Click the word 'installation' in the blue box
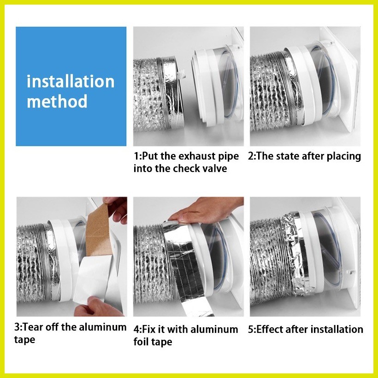coord(71,82)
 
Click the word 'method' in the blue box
coord(57,101)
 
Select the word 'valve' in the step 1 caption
coord(214,168)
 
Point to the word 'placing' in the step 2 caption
coord(343,156)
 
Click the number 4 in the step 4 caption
coord(136,330)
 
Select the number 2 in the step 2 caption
coord(251,156)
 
